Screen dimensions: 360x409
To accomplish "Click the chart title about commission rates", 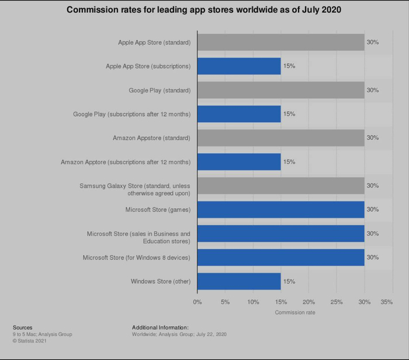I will (x=204, y=10).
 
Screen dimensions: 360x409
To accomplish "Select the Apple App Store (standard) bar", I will (x=280, y=42).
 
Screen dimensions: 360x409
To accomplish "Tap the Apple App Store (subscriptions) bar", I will (x=239, y=66).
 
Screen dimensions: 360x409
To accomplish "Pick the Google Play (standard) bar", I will (x=280, y=90).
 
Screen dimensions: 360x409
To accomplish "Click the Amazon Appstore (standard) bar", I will (x=280, y=138).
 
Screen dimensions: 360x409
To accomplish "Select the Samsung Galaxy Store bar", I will (x=280, y=185).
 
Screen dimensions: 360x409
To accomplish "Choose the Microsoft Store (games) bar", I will (x=280, y=209).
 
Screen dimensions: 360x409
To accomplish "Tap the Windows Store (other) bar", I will (x=239, y=281).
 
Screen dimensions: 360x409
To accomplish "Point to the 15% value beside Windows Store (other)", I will (x=289, y=281).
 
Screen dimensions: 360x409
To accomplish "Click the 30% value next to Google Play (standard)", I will (x=373, y=90).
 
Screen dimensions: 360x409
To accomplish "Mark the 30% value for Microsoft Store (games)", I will (x=373, y=209).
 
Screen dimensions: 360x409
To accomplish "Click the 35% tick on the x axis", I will (x=386, y=302).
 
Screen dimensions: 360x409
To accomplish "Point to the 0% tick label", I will (x=197, y=302).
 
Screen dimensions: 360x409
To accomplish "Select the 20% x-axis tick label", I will (x=309, y=302).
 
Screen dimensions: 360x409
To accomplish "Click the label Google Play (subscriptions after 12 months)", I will (x=131, y=114).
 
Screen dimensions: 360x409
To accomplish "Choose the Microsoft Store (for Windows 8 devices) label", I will (x=136, y=257).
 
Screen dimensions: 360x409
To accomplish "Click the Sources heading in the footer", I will (x=23, y=327).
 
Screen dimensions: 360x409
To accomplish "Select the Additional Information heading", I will (x=160, y=327).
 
